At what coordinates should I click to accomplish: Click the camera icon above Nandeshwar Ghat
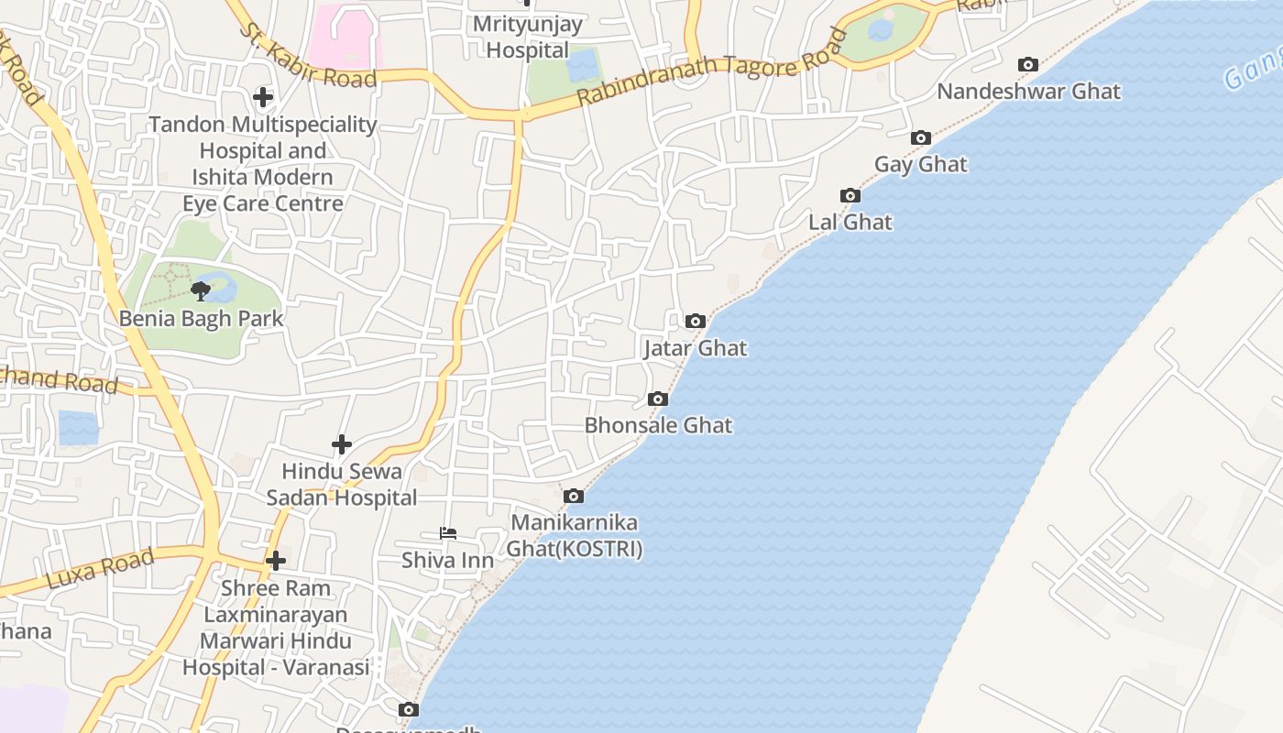tap(1028, 65)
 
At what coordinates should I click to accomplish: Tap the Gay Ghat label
tap(921, 165)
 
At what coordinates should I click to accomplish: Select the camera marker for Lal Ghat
tap(850, 196)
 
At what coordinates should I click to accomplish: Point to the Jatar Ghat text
tap(695, 348)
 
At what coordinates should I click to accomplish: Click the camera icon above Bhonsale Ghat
tap(657, 399)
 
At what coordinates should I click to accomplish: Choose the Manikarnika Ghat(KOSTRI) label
tap(575, 536)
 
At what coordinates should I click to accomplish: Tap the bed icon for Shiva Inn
tap(447, 533)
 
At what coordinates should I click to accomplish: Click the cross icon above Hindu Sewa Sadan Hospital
tap(342, 445)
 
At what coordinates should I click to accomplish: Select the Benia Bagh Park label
tap(202, 319)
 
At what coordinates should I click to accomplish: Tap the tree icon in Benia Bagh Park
tap(200, 291)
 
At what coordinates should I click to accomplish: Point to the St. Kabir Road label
tap(308, 57)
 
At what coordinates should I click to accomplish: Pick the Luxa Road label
tap(99, 569)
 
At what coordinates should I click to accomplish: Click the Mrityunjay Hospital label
tap(527, 37)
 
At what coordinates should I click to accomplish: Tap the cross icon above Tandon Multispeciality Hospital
tap(263, 97)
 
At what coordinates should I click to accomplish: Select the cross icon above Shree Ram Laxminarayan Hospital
tap(275, 561)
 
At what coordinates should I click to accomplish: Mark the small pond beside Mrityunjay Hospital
tap(584, 65)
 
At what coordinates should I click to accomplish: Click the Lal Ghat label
tap(850, 223)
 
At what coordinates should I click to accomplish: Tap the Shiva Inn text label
tap(447, 560)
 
